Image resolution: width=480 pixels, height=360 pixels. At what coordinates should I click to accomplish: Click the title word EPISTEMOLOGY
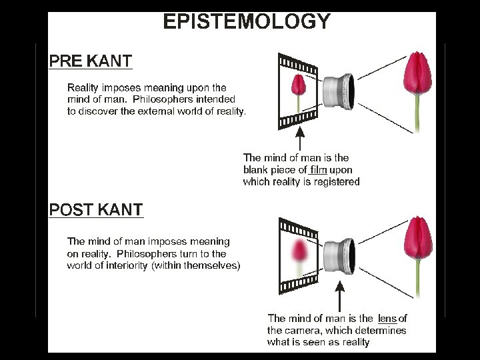tap(247, 22)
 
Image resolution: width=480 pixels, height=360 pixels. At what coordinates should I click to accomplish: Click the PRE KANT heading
tap(91, 61)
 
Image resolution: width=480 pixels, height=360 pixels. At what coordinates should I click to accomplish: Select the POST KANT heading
tap(96, 209)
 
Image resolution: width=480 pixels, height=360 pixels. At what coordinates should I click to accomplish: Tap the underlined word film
tap(318, 169)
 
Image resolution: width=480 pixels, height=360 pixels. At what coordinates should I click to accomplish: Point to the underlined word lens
tap(387, 317)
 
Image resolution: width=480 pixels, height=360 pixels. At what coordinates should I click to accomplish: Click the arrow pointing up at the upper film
tap(300, 139)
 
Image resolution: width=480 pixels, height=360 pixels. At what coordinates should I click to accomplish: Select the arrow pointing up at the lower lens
tap(339, 297)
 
